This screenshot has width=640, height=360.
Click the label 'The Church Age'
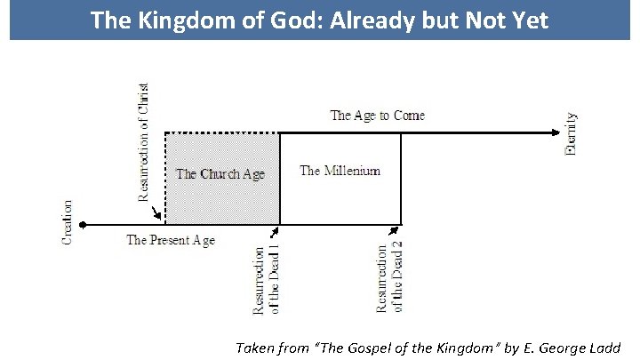click(220, 174)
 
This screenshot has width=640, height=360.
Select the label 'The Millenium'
click(340, 171)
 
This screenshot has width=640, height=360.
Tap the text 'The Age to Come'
click(377, 116)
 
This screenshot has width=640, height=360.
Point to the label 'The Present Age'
click(171, 240)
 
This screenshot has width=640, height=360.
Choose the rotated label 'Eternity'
click(572, 133)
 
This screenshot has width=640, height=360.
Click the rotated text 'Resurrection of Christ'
click(145, 142)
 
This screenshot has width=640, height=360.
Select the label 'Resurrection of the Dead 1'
click(267, 280)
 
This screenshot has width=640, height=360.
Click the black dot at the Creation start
click(82, 225)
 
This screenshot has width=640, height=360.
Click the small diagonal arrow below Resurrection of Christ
click(157, 214)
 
